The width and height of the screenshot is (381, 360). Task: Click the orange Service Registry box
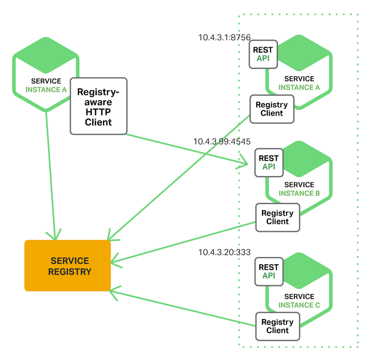pos(67,265)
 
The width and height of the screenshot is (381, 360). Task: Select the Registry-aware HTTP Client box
pos(99,106)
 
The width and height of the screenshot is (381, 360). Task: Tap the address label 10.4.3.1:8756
pos(224,37)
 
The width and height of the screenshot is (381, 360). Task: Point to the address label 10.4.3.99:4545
pos(222,141)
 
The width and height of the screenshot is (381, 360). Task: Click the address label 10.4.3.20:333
pos(224,252)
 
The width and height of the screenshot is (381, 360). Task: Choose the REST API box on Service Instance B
pos(269,162)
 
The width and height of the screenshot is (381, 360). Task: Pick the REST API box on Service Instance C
pos(269,271)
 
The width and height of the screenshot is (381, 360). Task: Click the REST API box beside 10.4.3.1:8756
pos(263,54)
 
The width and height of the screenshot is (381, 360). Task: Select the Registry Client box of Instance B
pos(277,217)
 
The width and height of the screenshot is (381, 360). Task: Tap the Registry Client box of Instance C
pos(277,326)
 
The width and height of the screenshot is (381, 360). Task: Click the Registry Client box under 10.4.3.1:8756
pos(272,109)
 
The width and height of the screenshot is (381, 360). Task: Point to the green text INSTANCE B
pos(299,193)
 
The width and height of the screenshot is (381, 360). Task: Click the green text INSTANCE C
pos(299,305)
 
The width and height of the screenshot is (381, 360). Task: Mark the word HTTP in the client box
pos(98,112)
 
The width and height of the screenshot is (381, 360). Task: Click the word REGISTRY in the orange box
pos(70,271)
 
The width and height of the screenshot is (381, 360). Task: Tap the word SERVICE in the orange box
pos(70,261)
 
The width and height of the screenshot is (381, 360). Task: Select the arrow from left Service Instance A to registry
pos(51,175)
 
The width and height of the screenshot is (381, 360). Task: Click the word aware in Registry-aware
pos(98,102)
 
